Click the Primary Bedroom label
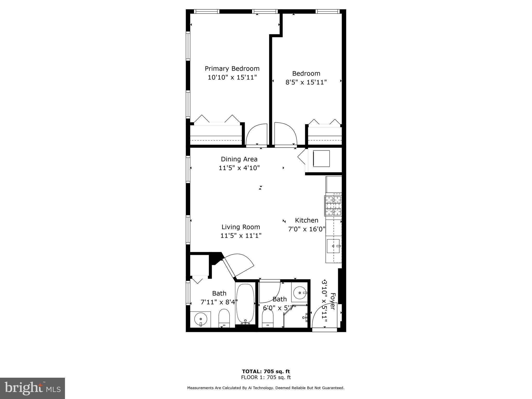tap(232, 69)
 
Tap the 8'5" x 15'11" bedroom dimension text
tap(306, 82)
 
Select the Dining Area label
tap(239, 159)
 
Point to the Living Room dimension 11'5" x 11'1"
tap(241, 236)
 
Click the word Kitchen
tap(307, 220)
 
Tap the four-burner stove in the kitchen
tap(333, 206)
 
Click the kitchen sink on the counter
tap(333, 246)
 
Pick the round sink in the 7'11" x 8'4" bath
tap(200, 319)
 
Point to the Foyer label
tap(333, 301)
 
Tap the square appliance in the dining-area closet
tap(321, 159)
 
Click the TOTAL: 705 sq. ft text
tap(266, 371)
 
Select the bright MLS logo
tap(32, 388)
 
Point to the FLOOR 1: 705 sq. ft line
tap(266, 377)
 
